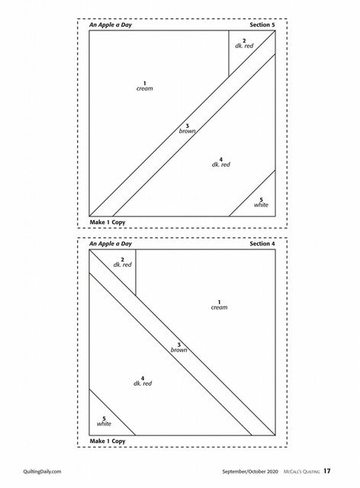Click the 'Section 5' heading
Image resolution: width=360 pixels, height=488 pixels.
pyautogui.click(x=262, y=25)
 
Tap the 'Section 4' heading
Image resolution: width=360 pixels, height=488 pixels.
pyautogui.click(x=262, y=244)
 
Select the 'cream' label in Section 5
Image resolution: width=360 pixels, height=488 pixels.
pyautogui.click(x=144, y=88)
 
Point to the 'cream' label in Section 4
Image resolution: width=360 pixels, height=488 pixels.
pyautogui.click(x=219, y=307)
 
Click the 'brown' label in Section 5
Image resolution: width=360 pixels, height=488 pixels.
pyautogui.click(x=187, y=131)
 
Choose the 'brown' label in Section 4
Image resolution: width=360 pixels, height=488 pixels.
pyautogui.click(x=178, y=350)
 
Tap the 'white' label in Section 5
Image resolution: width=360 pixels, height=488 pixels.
pyautogui.click(x=261, y=205)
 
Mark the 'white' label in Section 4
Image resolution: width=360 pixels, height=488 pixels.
pyautogui.click(x=104, y=424)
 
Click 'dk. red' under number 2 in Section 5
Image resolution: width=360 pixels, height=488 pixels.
pyautogui.click(x=244, y=46)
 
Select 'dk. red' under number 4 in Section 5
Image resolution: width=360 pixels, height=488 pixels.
pyautogui.click(x=220, y=165)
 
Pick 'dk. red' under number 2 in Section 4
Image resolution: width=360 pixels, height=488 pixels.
pyautogui.click(x=122, y=265)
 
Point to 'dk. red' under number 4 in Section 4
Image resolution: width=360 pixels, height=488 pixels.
pyautogui.click(x=143, y=384)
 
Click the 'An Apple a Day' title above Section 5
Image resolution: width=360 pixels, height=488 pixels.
pyautogui.click(x=111, y=25)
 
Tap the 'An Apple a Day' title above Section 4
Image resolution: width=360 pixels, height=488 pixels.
pyautogui.click(x=111, y=244)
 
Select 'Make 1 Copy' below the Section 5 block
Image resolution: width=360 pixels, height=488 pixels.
pyautogui.click(x=108, y=222)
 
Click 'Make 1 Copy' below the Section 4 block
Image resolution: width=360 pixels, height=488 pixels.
pyautogui.click(x=108, y=441)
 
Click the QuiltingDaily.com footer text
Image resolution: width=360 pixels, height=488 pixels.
pyautogui.click(x=42, y=471)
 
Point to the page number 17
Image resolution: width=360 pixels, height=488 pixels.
pyautogui.click(x=326, y=471)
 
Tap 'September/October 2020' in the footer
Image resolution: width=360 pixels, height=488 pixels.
pyautogui.click(x=249, y=471)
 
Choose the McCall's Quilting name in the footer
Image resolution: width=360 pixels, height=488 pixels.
pyautogui.click(x=301, y=471)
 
